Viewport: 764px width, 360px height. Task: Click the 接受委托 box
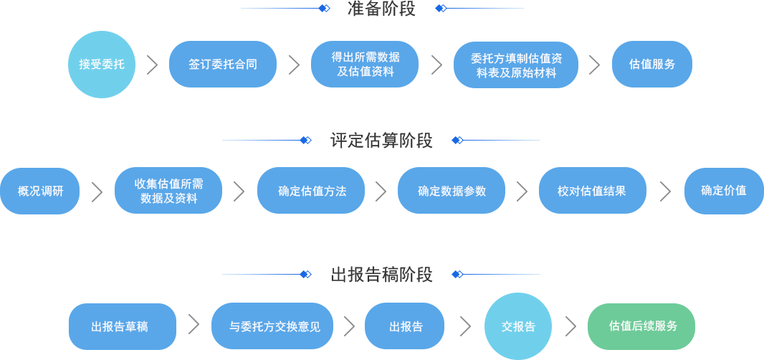tap(101, 64)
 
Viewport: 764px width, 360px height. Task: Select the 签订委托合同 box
tap(222, 65)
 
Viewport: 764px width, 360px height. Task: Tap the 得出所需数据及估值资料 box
tap(364, 65)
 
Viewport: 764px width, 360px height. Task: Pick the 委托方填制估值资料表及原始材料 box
tap(516, 65)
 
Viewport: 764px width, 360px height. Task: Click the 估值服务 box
tap(651, 65)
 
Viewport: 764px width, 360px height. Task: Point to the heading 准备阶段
tap(381, 9)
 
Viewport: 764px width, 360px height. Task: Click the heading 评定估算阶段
tap(381, 141)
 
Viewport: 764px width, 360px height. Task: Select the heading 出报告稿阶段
tap(381, 275)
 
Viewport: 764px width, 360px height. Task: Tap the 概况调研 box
tap(40, 191)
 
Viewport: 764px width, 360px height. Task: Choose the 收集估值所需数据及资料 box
tap(168, 191)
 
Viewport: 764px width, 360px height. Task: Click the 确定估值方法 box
tap(310, 191)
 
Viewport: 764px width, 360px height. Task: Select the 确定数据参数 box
tap(451, 191)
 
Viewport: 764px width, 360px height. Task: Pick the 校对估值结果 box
tap(592, 191)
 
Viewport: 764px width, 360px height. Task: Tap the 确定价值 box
tap(723, 191)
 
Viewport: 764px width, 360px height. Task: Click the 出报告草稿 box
tap(122, 326)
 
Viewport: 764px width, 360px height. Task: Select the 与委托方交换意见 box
tap(272, 326)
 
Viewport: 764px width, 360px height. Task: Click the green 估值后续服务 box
tap(641, 326)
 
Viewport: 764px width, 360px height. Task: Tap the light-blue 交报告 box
tap(517, 326)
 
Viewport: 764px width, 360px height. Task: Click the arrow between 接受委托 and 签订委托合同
tap(152, 65)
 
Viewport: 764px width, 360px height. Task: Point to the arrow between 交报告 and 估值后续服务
tap(570, 326)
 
